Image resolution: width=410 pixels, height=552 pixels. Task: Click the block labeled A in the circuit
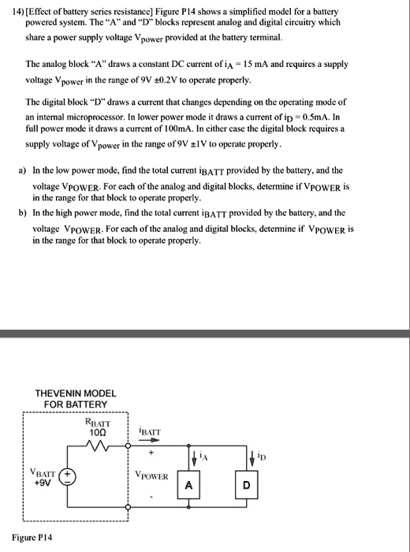click(x=189, y=487)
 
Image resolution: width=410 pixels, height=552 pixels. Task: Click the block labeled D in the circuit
click(x=246, y=487)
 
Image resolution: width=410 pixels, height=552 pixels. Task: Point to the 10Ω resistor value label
click(x=99, y=432)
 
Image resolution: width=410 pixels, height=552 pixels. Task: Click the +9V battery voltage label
click(x=41, y=483)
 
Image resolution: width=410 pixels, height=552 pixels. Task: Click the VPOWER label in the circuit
click(x=152, y=476)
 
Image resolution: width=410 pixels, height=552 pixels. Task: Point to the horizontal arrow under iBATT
click(x=147, y=441)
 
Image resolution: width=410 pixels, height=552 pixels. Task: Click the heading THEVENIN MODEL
click(x=76, y=393)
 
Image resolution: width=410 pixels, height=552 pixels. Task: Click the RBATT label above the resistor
click(x=98, y=421)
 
